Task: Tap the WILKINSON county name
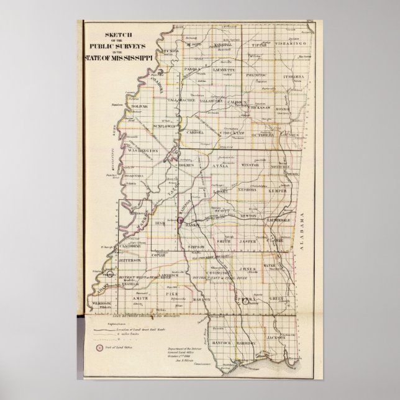109,302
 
